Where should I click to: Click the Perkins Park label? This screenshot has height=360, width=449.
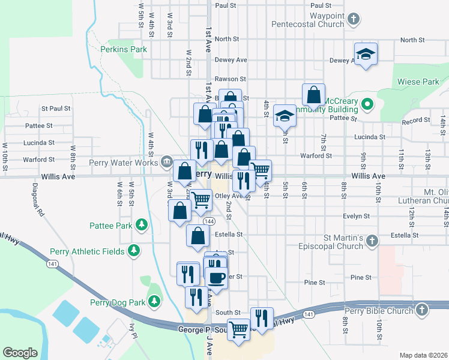click(124, 49)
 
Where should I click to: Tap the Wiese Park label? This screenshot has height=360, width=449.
click(418, 82)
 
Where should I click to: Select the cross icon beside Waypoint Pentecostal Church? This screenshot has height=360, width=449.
click(354, 19)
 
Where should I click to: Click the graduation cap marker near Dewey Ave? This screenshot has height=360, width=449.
click(365, 55)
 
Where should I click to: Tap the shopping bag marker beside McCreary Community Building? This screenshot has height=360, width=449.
click(313, 94)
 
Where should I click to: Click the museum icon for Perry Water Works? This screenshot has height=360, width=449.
click(167, 162)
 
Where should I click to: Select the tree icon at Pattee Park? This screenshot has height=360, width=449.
click(142, 225)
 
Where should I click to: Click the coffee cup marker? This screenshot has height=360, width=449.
click(216, 278)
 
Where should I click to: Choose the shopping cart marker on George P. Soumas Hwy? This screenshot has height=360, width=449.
click(239, 329)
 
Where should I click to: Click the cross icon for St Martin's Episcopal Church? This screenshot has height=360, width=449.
click(372, 241)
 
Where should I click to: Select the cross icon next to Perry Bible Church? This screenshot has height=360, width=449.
click(422, 310)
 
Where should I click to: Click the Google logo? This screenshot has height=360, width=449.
click(20, 352)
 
